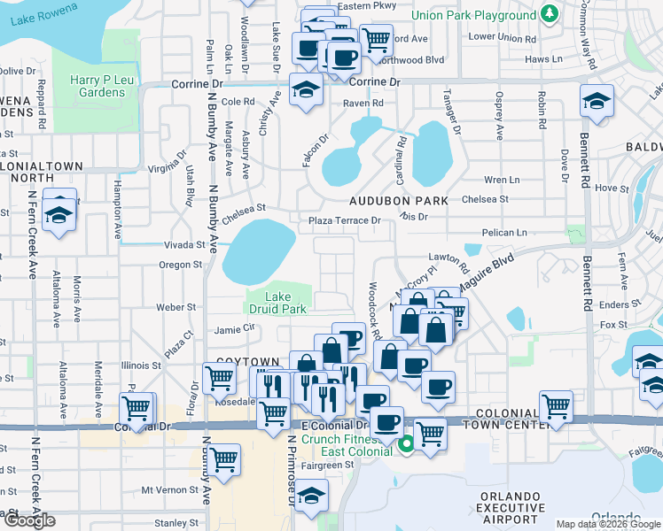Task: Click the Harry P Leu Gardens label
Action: (x=97, y=86)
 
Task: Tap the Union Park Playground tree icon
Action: (x=550, y=14)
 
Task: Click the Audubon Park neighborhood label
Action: (x=398, y=201)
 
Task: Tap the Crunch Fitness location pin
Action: (x=407, y=443)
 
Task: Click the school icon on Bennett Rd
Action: (x=597, y=100)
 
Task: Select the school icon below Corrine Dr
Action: (x=306, y=90)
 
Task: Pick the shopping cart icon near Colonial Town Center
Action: (x=556, y=407)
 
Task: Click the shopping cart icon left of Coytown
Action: (x=219, y=378)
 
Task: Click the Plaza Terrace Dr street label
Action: (x=345, y=220)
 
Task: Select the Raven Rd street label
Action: (x=363, y=104)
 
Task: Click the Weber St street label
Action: (x=175, y=307)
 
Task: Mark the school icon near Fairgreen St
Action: (x=311, y=496)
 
